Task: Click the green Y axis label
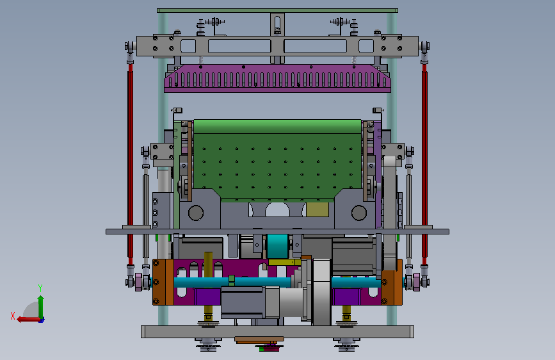(x=40, y=288)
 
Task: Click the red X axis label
(x=13, y=316)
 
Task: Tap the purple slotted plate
(x=278, y=78)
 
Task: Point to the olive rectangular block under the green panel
(x=318, y=209)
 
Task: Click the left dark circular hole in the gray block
(x=196, y=213)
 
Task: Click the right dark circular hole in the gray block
(x=359, y=213)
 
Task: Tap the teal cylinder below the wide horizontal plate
(x=278, y=246)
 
